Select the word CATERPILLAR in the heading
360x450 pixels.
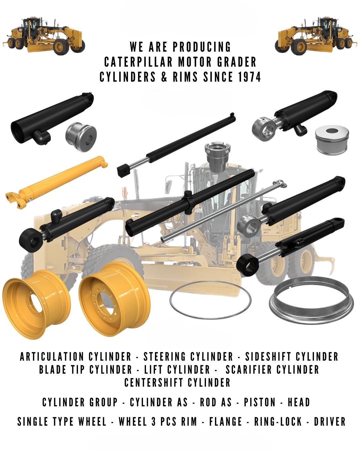[138, 62]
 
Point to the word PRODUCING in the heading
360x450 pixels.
[202, 47]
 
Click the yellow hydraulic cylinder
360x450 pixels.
[56, 182]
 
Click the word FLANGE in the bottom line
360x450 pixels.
[226, 421]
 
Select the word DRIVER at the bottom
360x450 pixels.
[330, 421]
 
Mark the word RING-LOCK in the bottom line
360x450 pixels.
[278, 421]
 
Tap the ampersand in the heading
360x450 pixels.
[165, 77]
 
